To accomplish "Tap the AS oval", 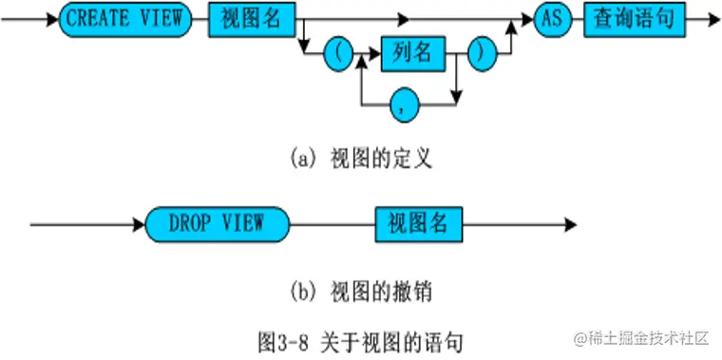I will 553,19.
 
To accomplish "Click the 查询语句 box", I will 630,19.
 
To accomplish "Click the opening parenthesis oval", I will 337,54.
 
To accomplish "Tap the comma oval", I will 409,104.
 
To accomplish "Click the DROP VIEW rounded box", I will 216,224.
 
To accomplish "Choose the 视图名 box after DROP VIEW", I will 418,224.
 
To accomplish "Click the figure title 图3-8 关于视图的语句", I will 360,338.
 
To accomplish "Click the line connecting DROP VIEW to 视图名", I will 332,224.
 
